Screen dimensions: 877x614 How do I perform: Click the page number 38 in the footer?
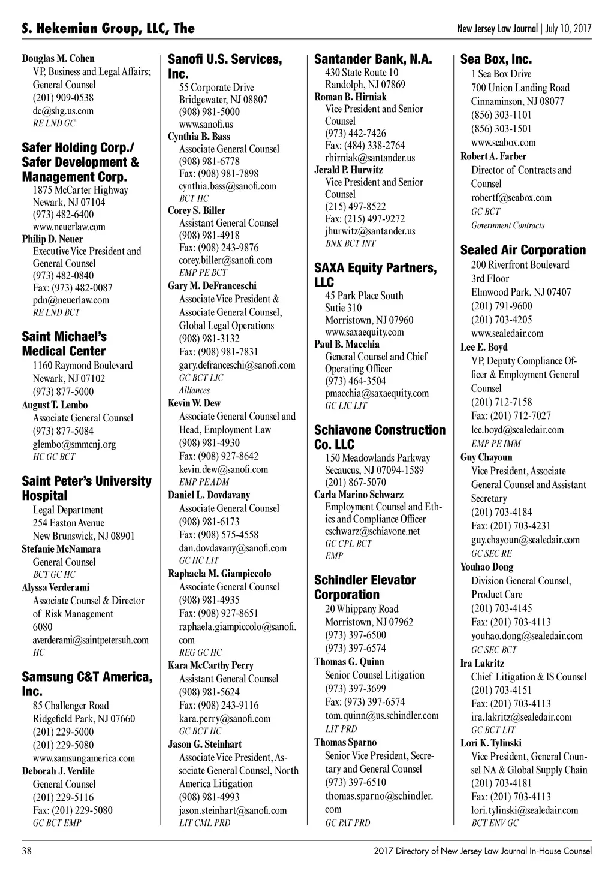[x=27, y=851]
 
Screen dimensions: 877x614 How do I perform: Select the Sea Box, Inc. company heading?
[x=496, y=59]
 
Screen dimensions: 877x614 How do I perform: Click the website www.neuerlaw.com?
[x=69, y=227]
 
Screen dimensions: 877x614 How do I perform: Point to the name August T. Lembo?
[x=55, y=405]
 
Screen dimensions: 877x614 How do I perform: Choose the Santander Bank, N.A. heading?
[x=373, y=59]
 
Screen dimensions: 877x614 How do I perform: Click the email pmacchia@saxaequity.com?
[x=377, y=393]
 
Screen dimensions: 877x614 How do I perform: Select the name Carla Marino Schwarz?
[x=359, y=495]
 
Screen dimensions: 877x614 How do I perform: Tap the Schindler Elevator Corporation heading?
[x=365, y=587]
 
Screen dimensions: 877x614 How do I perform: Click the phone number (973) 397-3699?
[x=356, y=689]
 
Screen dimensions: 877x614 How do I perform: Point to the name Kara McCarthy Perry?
[x=210, y=665]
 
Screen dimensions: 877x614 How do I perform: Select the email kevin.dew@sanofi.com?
[x=223, y=469]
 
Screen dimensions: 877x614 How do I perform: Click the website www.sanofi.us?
[x=206, y=124]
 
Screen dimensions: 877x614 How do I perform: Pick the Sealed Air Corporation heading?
[x=523, y=250]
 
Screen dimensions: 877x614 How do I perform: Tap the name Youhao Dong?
[x=487, y=567]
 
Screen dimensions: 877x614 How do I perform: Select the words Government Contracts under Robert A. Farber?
[x=508, y=226]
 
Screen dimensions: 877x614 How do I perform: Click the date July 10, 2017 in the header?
[x=568, y=28]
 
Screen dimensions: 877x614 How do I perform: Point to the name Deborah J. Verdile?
[x=58, y=771]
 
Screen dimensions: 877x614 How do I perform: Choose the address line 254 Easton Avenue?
[x=68, y=523]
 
